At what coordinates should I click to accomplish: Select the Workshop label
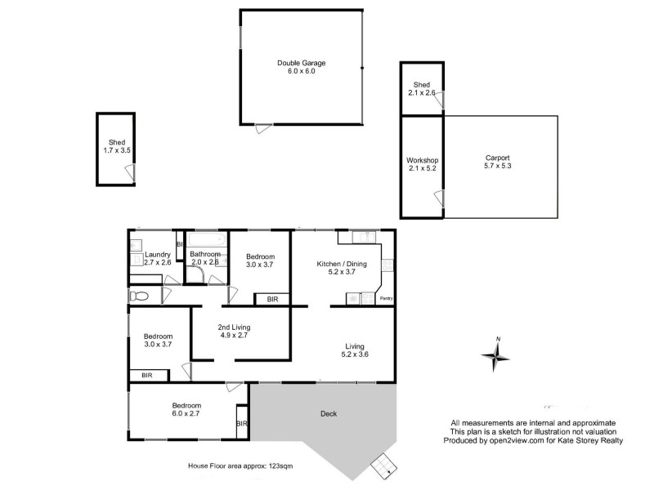coord(423,160)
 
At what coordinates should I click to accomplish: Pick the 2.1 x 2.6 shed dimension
coord(422,94)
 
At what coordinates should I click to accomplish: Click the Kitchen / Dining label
coord(342,265)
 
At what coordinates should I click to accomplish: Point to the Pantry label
coord(387,299)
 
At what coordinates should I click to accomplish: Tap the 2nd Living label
coord(234,327)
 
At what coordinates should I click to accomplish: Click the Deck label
coord(328,413)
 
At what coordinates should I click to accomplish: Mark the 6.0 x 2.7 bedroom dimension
coord(186,414)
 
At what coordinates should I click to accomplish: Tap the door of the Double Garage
coord(263,129)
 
